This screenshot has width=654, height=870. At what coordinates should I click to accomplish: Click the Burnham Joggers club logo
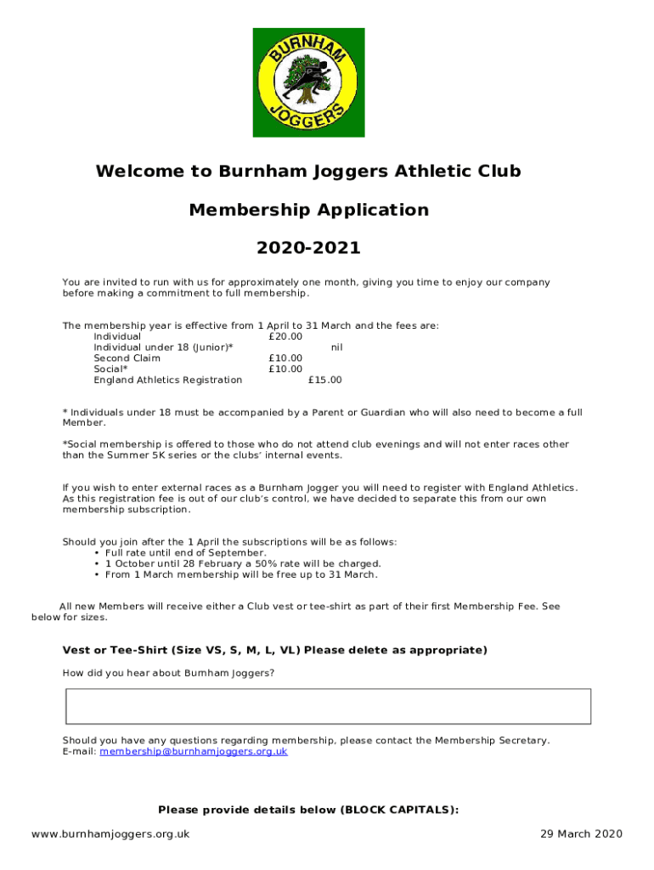[x=308, y=82]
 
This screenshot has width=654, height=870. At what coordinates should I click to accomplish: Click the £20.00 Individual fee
[x=285, y=336]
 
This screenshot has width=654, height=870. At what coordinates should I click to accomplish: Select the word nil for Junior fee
[x=336, y=347]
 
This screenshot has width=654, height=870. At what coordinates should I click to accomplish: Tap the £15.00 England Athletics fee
[x=324, y=380]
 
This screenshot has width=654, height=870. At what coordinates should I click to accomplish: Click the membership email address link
[x=194, y=752]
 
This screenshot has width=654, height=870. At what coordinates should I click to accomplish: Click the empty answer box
[x=328, y=706]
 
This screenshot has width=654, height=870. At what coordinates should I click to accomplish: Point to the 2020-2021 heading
[x=308, y=248]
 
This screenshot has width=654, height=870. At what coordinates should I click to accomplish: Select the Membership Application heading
[x=308, y=210]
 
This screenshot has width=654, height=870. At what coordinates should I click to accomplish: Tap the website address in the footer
[x=110, y=833]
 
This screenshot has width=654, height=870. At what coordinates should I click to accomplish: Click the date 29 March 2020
[x=581, y=833]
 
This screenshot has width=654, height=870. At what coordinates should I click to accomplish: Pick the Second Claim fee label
[x=127, y=359]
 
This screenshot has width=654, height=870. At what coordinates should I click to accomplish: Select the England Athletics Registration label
[x=167, y=380]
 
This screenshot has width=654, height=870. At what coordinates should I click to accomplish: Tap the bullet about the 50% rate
[x=243, y=563]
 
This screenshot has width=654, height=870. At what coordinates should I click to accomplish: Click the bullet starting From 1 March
[x=241, y=574]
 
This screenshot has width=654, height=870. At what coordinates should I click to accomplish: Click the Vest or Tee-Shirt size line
[x=274, y=651]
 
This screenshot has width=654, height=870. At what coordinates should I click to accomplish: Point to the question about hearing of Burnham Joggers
[x=168, y=673]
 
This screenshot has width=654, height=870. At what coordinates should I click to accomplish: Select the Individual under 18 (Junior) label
[x=163, y=347]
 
